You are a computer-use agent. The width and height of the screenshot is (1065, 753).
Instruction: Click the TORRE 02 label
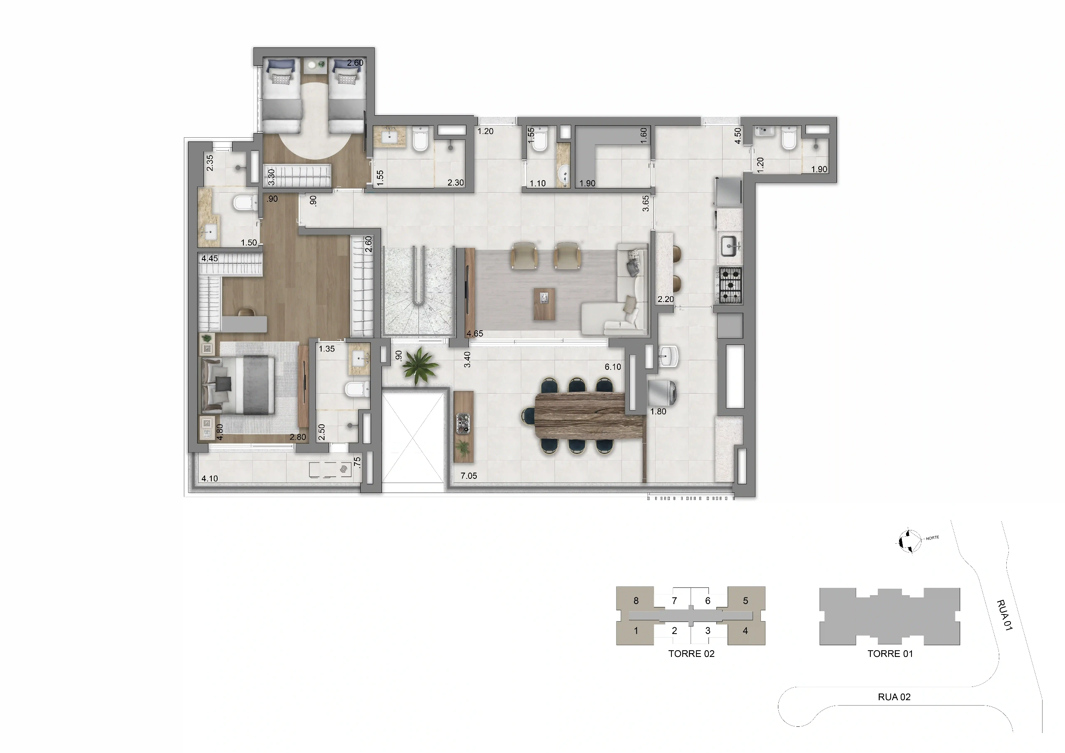pos(691,654)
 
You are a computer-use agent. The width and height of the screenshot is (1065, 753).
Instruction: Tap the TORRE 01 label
pos(890,654)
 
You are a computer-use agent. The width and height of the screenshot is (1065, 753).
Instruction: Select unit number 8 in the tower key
pos(636,601)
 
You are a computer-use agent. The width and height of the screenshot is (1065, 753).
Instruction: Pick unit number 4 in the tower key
pos(745,631)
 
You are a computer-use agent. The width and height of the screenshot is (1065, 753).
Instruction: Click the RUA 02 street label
pos(894,697)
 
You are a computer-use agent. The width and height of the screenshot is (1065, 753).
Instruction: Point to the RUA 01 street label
pos(1004,615)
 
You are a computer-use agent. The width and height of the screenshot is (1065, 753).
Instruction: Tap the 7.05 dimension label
pos(468,476)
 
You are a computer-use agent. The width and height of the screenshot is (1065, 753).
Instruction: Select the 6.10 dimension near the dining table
pos(613,367)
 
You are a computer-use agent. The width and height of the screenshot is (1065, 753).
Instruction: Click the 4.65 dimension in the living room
pos(475,334)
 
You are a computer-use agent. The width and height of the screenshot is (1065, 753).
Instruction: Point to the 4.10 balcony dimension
pos(210,478)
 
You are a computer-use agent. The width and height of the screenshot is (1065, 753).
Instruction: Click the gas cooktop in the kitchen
pos(730,285)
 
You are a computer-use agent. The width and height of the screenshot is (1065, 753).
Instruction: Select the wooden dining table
pos(589,415)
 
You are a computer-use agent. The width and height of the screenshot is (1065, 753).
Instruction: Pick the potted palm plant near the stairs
pos(420,366)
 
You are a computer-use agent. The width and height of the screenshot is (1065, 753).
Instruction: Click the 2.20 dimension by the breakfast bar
pos(666,299)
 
